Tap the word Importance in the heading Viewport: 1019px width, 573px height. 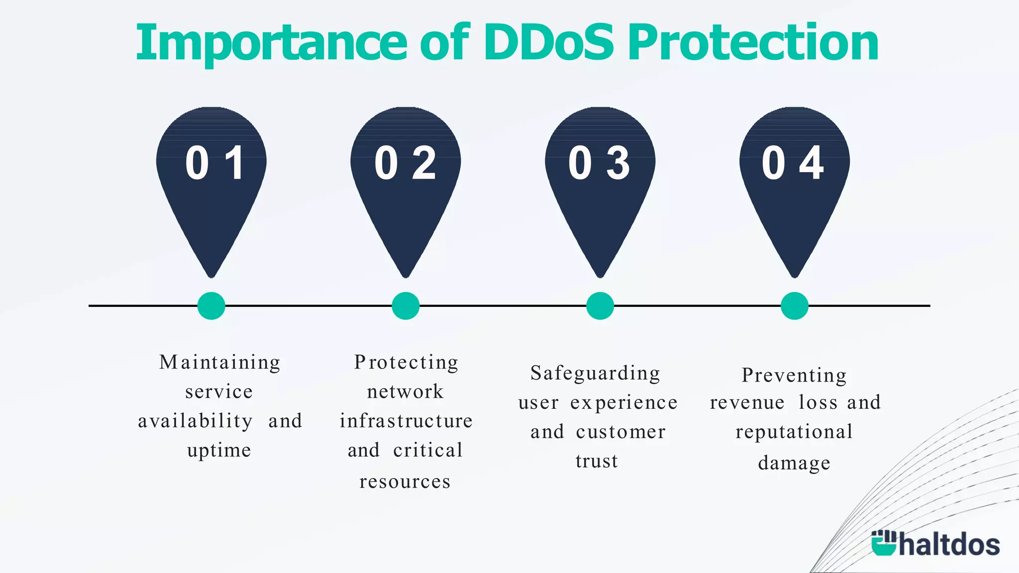click(x=272, y=44)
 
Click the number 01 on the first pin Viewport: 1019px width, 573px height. click(x=214, y=163)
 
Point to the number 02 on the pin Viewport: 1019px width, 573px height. click(x=406, y=163)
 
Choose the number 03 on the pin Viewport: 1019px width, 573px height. click(x=600, y=163)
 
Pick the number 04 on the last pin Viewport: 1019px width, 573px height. click(x=793, y=163)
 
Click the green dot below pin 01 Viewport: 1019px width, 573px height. click(x=211, y=305)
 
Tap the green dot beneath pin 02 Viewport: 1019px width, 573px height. click(x=406, y=305)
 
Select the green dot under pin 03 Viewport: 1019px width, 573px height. click(x=600, y=305)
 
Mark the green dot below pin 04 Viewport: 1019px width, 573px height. click(x=795, y=305)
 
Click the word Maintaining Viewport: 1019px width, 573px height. click(x=219, y=362)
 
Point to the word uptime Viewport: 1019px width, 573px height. click(x=219, y=451)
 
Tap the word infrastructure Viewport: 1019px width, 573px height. click(x=406, y=421)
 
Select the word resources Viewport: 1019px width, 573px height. click(x=405, y=481)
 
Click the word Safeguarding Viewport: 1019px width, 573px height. click(x=596, y=373)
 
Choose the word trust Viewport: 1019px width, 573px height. click(x=597, y=461)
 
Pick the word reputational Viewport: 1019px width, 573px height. click(x=794, y=432)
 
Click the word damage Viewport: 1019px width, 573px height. click(x=794, y=463)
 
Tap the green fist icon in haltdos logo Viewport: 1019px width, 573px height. click(x=883, y=543)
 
